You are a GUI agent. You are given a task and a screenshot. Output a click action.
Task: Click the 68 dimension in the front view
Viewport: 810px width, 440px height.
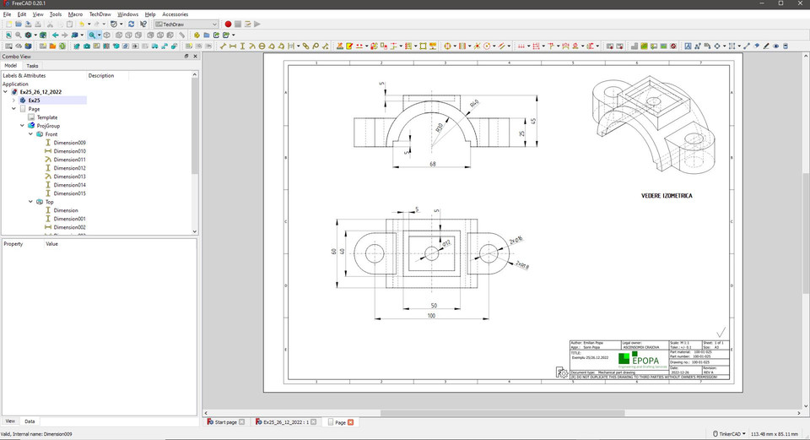433,164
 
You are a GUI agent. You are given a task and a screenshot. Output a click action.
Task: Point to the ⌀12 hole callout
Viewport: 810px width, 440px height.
446,244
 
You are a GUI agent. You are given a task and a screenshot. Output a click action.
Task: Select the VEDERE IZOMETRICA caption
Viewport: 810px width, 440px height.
667,195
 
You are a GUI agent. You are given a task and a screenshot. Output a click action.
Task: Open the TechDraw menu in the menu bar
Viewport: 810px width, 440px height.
100,14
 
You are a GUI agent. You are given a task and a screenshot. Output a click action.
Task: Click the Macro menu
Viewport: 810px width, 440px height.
75,14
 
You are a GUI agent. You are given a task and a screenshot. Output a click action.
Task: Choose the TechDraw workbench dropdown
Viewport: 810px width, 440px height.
186,24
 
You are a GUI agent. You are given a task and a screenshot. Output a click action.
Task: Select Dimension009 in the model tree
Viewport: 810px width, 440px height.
69,143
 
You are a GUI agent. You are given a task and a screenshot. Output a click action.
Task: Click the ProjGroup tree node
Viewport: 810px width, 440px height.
50,126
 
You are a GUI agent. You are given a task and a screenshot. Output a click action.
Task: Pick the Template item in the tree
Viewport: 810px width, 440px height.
46,117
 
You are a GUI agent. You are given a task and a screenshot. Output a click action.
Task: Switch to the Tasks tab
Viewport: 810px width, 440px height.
32,65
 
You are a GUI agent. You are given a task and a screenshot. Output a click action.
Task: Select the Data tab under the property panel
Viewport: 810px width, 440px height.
30,421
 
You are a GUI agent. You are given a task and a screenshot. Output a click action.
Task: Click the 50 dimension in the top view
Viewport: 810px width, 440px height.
433,305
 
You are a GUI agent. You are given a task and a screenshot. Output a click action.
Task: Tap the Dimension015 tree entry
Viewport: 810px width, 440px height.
69,193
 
